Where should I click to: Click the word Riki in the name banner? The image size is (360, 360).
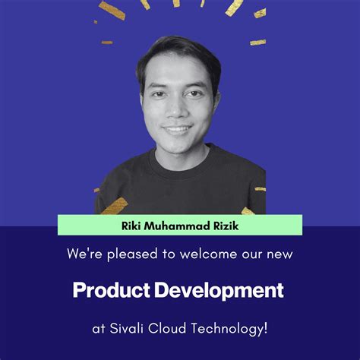point(130,226)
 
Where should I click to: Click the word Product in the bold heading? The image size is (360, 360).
point(111,289)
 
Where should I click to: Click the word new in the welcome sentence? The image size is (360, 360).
point(279,254)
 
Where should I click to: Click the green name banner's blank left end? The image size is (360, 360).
point(76,226)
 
